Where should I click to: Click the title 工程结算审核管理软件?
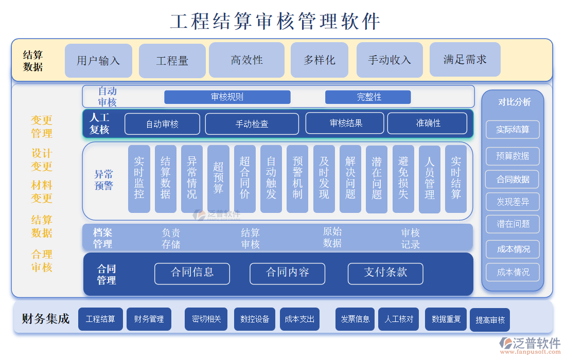tap(275, 22)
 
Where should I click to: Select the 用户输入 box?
tap(98, 61)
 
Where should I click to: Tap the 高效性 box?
tap(246, 60)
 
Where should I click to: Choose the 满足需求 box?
tap(465, 60)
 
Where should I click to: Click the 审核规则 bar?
tap(227, 97)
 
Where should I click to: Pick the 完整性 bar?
tap(368, 97)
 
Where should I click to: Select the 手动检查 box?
tap(252, 124)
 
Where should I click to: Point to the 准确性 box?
tap(427, 123)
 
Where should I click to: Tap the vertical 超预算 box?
tap(218, 178)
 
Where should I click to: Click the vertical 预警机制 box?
tap(297, 178)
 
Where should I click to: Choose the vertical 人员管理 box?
tap(430, 178)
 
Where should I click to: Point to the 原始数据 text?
tap(332, 237)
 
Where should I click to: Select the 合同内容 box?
tap(287, 273)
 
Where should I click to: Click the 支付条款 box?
tap(385, 273)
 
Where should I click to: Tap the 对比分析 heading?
tap(514, 102)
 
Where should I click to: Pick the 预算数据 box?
tap(512, 156)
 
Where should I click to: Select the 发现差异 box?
tap(512, 202)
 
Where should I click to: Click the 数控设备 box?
tap(255, 319)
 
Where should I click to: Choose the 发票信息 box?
tap(355, 319)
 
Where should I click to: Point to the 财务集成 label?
tap(45, 319)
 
